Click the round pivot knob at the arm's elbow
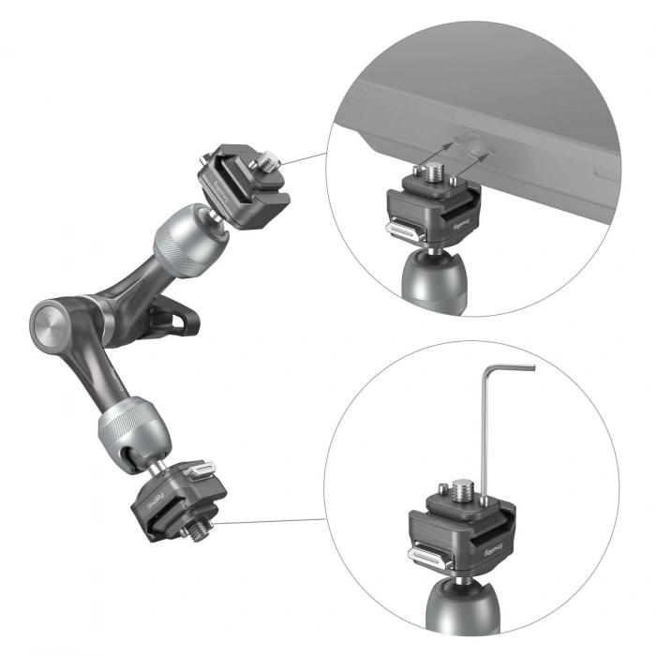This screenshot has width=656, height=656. [x=46, y=323]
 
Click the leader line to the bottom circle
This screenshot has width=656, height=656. [x=272, y=522]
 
